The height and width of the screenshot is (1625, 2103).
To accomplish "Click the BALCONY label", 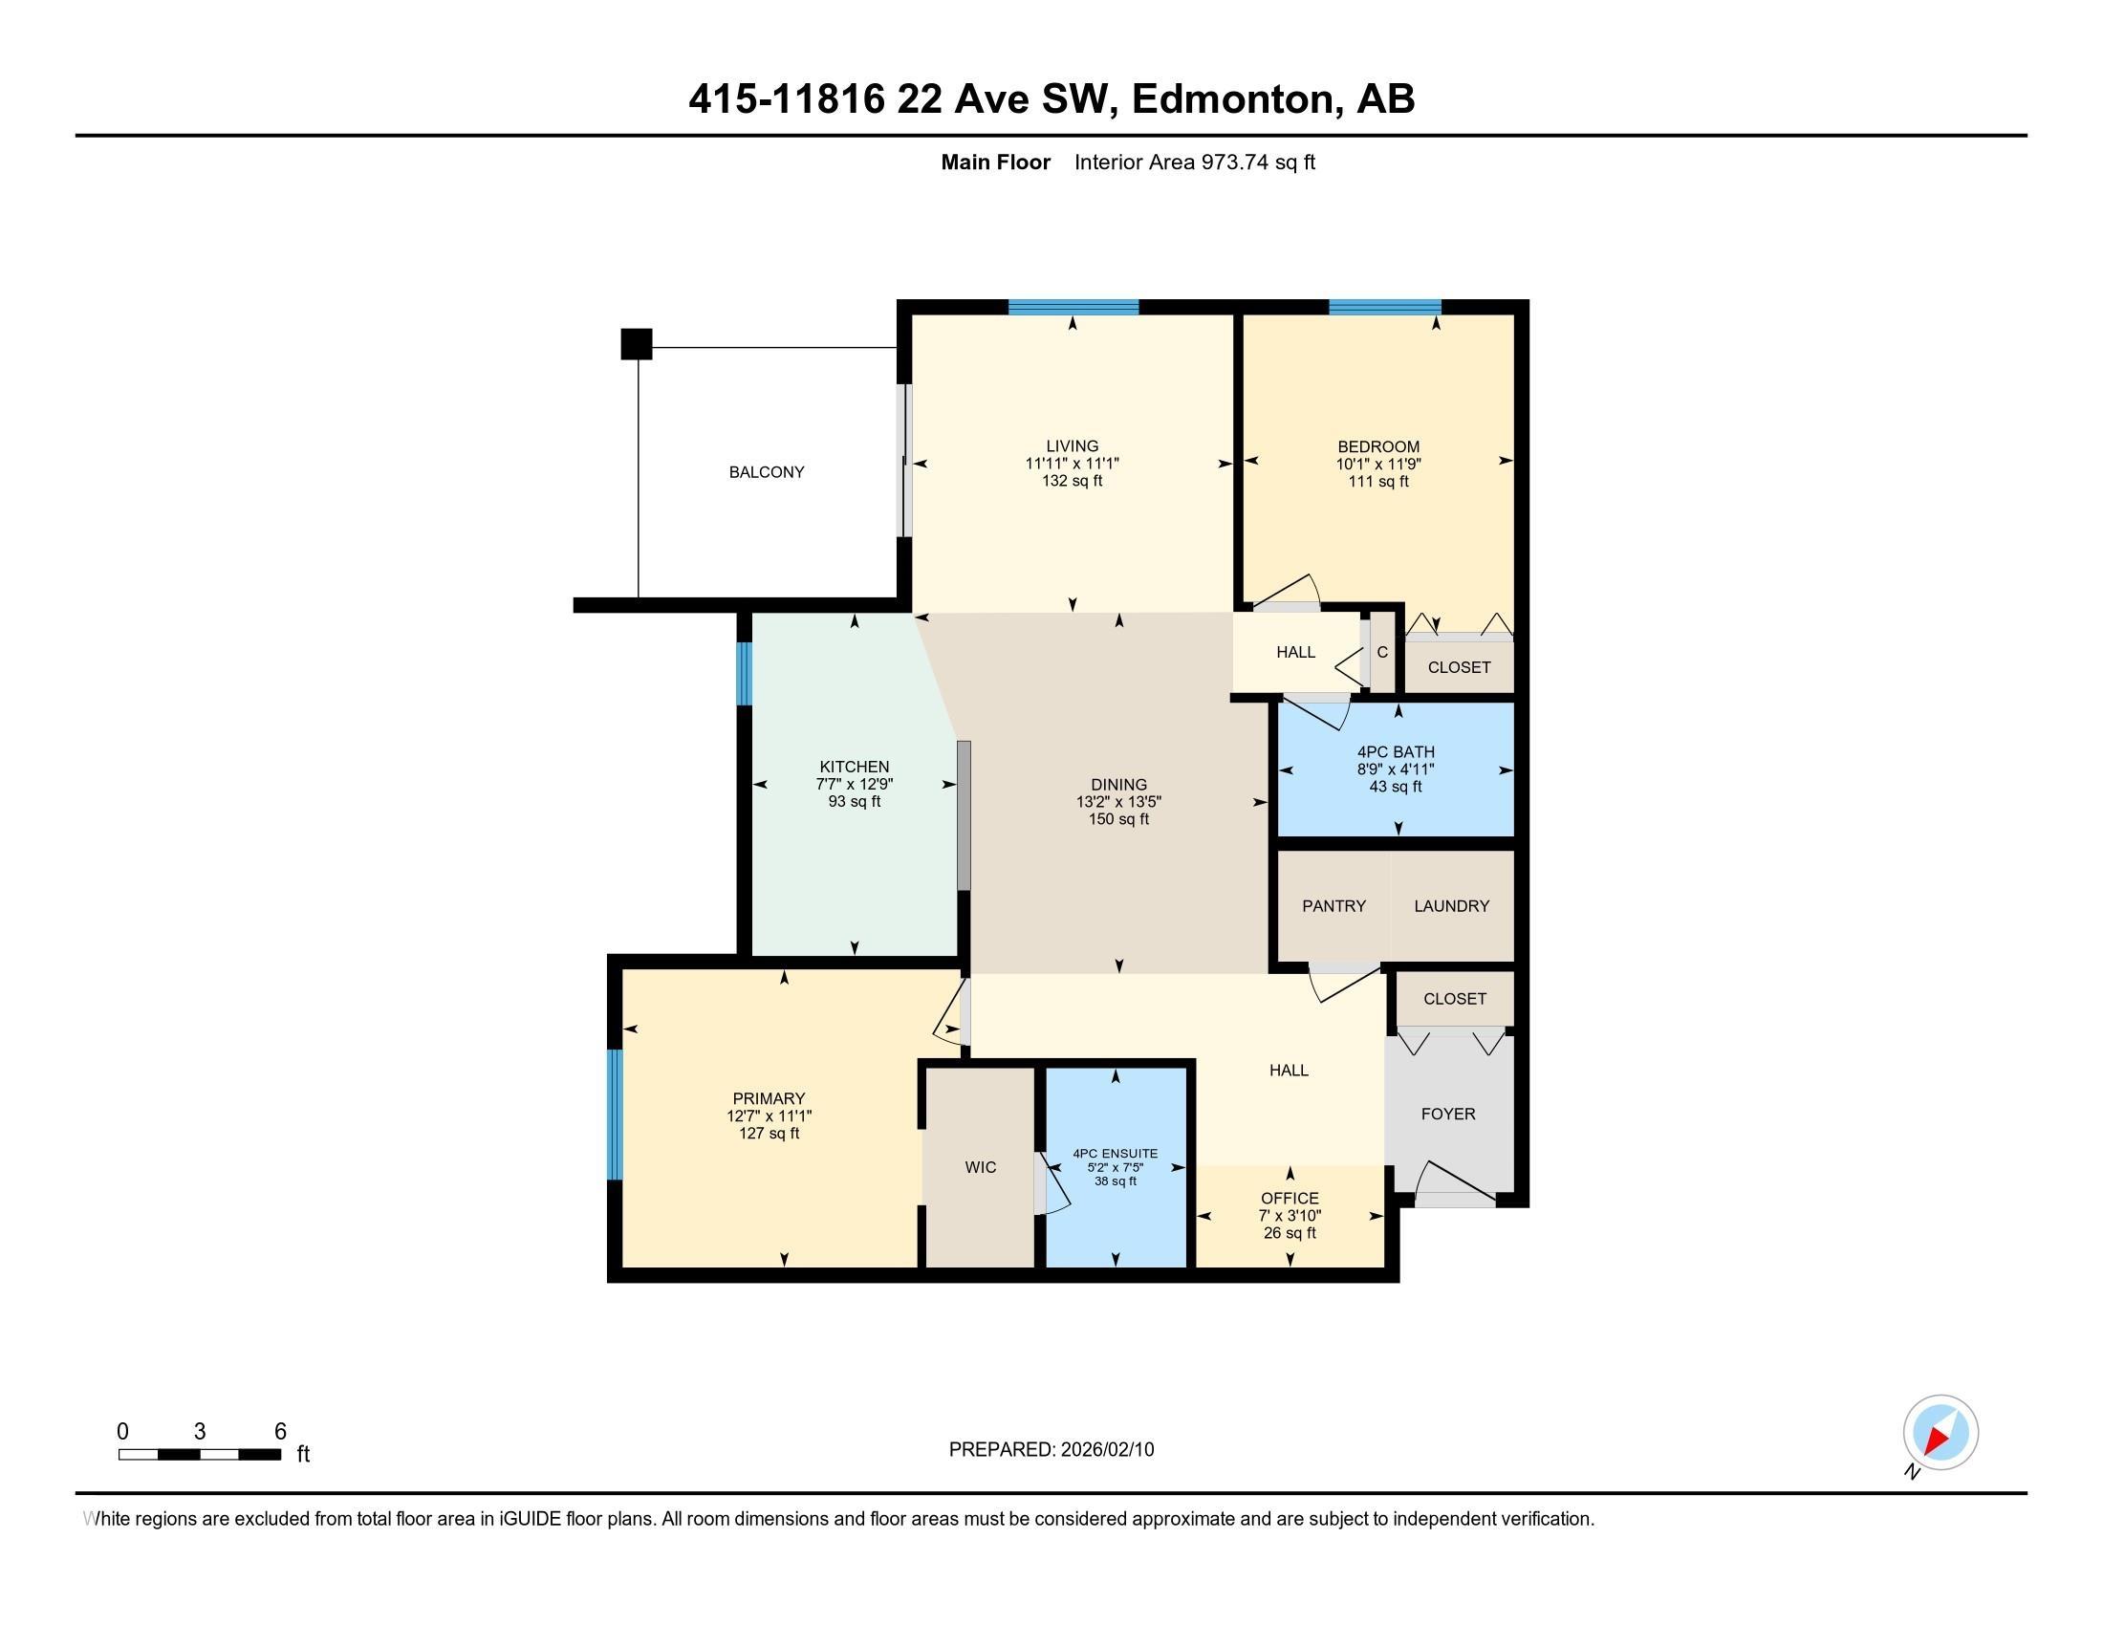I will [766, 471].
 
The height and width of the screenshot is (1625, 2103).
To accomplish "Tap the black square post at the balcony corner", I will [636, 344].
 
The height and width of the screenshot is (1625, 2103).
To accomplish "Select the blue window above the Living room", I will [1073, 307].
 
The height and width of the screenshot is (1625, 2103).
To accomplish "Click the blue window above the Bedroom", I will [1384, 307].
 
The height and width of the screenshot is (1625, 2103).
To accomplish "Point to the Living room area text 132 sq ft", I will [1072, 481].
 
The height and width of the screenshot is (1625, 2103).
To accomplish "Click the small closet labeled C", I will [1382, 653].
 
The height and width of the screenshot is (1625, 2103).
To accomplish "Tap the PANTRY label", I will [1333, 906].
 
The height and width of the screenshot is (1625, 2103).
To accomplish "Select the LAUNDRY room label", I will [1451, 906].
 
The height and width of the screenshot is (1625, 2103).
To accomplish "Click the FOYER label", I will [1447, 1114].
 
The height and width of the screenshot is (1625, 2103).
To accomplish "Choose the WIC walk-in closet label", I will [980, 1167].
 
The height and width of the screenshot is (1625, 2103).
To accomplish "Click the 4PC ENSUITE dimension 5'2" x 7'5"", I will [1115, 1168].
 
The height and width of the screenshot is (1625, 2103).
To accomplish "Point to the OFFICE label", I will [1290, 1198].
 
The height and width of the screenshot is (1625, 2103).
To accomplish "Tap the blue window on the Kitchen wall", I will [744, 674].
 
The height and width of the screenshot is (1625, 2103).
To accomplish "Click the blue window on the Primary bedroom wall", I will [615, 1114].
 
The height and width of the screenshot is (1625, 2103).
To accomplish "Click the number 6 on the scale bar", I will [280, 1432].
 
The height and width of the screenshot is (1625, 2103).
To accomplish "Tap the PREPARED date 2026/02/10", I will [1105, 1450].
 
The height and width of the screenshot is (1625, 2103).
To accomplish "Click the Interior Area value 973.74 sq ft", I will [1257, 162].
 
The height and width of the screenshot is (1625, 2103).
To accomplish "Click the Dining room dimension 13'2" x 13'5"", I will [1118, 802].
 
